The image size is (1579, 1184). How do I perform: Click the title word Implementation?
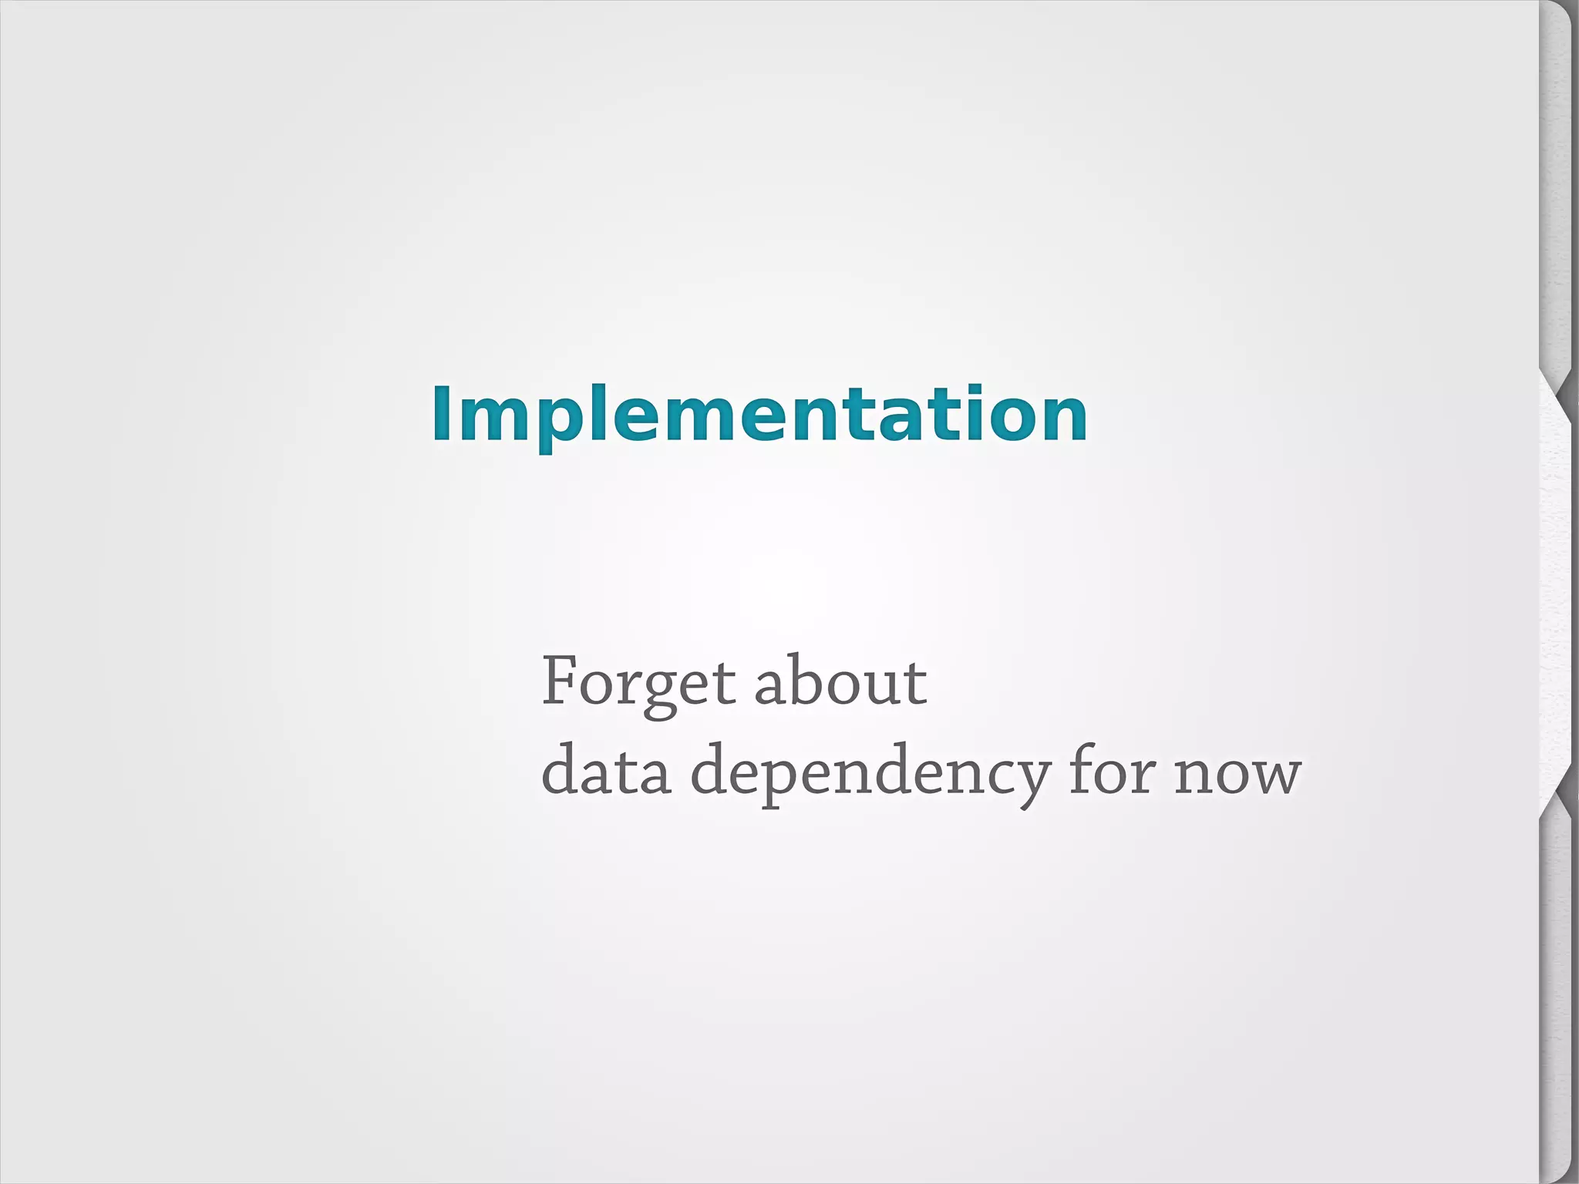click(x=759, y=415)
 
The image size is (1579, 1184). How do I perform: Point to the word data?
click(x=606, y=771)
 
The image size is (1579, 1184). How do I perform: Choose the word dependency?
click(x=870, y=774)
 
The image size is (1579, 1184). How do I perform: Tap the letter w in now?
click(x=1273, y=774)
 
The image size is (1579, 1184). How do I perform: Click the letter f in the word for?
click(x=1082, y=768)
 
